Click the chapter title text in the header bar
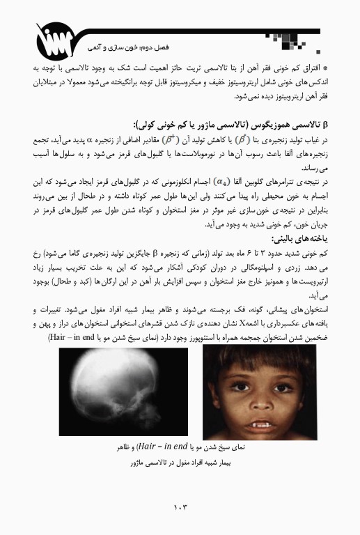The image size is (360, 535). [115, 50]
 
